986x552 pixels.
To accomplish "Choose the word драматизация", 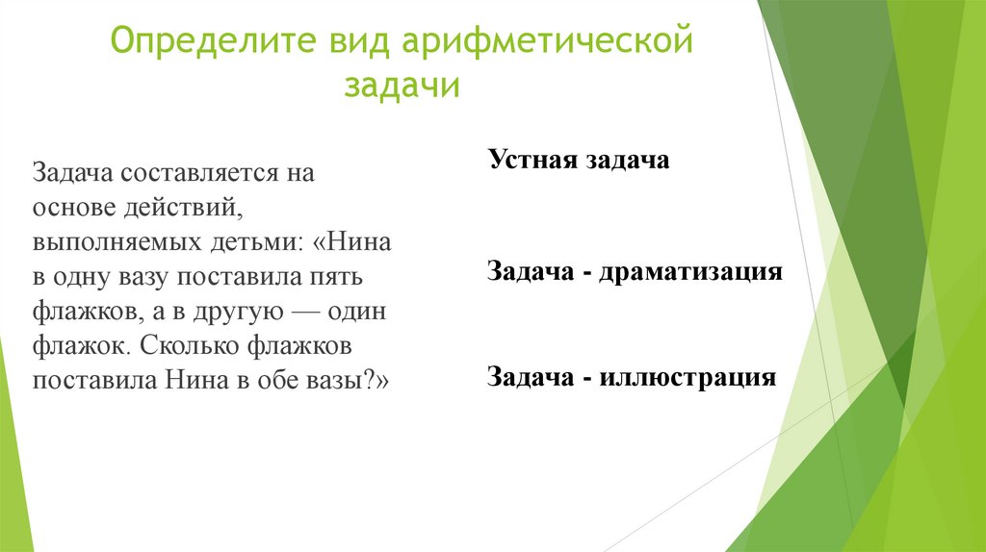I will pyautogui.click(x=689, y=271).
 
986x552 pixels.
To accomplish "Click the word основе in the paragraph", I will pyautogui.click(x=72, y=208).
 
